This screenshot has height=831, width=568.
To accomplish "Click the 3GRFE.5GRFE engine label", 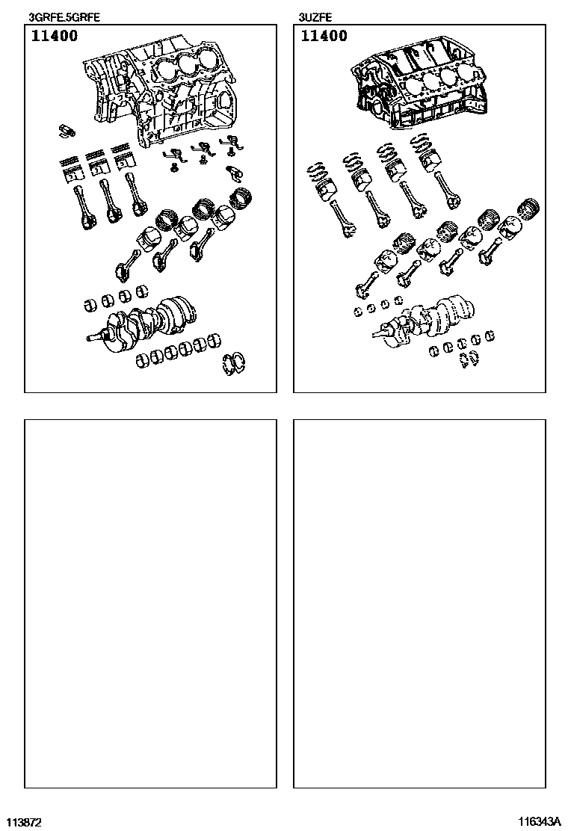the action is (x=64, y=17).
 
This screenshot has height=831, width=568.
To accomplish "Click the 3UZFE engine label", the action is (x=315, y=17).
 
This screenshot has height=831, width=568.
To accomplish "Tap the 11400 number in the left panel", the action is (x=54, y=36).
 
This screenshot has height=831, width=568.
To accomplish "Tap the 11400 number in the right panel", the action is (x=324, y=36).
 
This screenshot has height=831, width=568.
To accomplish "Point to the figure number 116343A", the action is (x=539, y=822).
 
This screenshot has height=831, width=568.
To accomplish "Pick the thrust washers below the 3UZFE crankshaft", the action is (x=469, y=359).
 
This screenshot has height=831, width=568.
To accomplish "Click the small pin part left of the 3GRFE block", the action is (x=67, y=131).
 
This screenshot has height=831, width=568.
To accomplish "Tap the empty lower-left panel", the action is (x=150, y=604).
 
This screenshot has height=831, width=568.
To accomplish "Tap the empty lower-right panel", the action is (x=419, y=604).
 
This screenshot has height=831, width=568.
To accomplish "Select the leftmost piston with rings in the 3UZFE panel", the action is (x=321, y=180).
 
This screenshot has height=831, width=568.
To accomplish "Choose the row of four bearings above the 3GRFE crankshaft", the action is (x=116, y=298).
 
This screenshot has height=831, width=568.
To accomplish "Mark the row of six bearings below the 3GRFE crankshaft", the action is (x=178, y=351).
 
